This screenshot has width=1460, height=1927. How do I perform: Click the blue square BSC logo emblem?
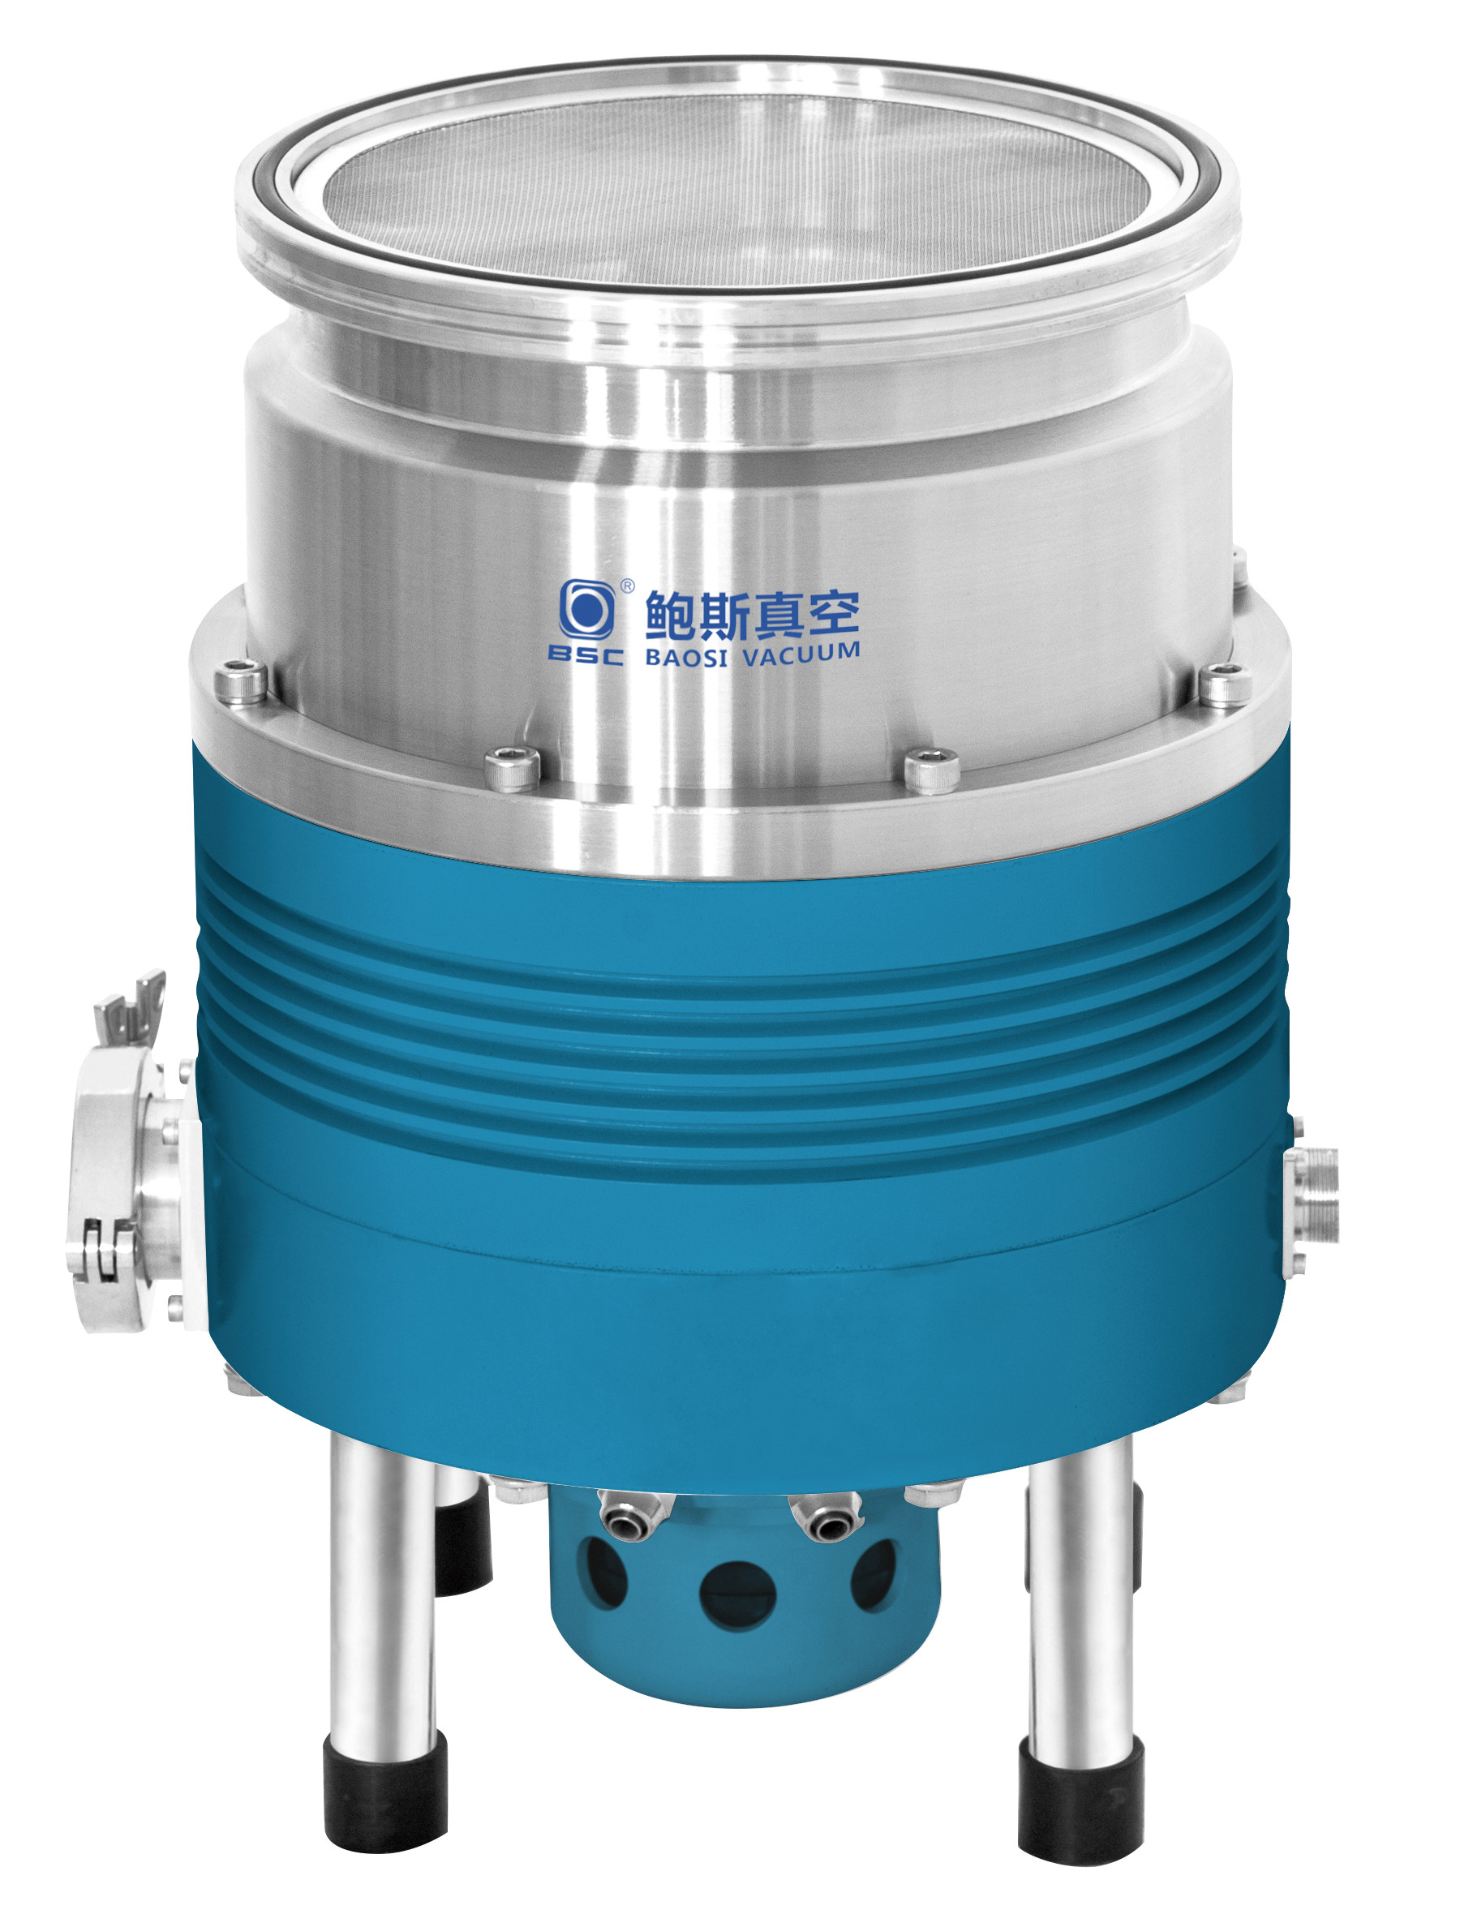coord(586,609)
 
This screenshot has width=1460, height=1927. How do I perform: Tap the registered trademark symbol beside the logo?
coord(626,586)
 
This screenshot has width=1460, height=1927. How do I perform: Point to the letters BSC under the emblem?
coord(586,654)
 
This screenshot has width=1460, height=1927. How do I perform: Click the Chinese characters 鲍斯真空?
coord(752,613)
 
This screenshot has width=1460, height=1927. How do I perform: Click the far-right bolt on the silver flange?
coord(1225,684)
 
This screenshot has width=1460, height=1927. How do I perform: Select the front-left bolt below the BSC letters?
coord(513,768)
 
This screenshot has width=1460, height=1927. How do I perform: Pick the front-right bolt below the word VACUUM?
coord(931,770)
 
